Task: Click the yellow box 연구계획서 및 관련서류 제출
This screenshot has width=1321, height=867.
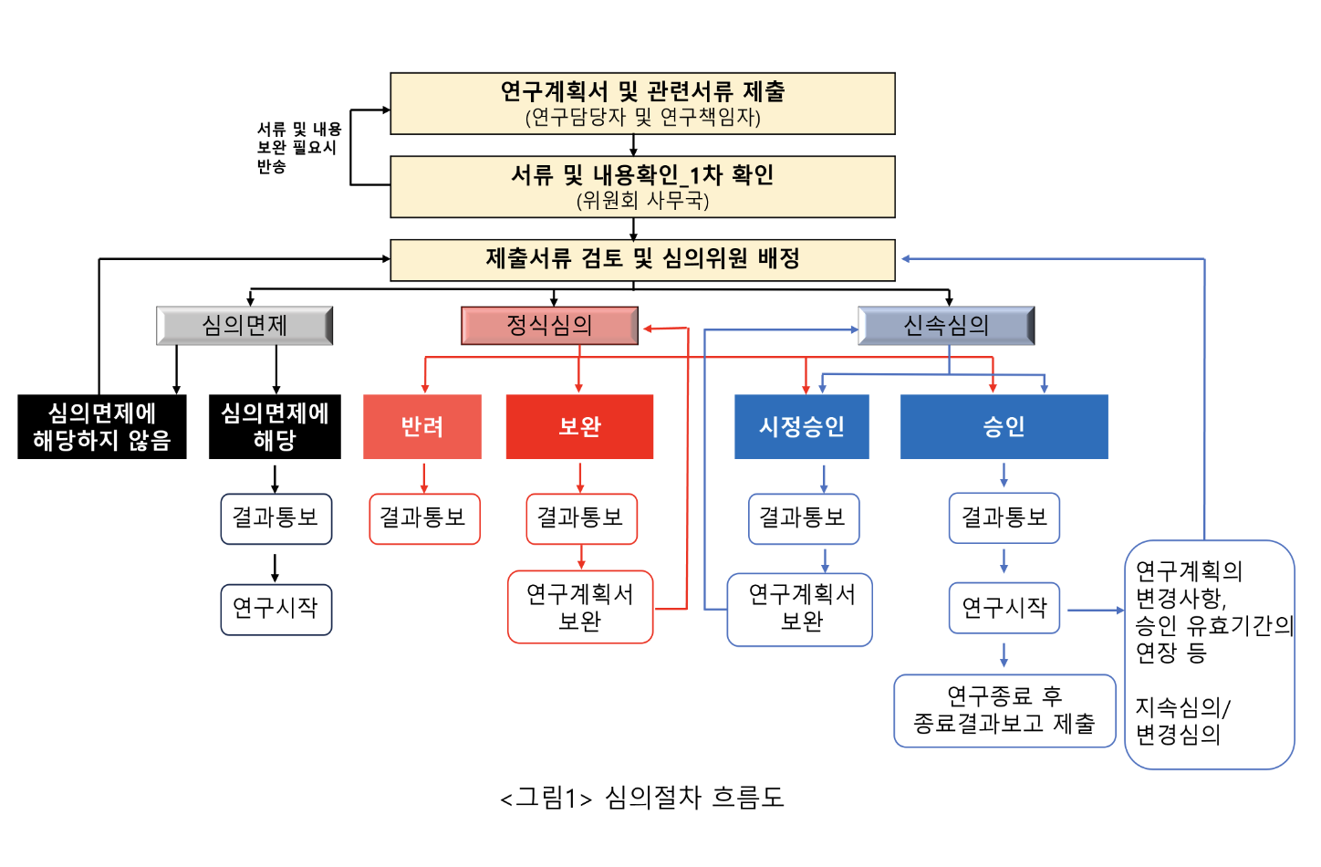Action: pos(642,103)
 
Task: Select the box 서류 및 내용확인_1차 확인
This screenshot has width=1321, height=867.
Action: pos(642,186)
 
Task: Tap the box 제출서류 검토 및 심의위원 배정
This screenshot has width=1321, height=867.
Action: pos(642,259)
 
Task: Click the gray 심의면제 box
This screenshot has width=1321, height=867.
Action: pos(244,325)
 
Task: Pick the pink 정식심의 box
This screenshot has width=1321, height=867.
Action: pos(549,325)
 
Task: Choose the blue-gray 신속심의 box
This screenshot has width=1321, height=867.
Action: pos(946,325)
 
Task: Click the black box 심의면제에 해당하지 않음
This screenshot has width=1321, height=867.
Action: pos(102,426)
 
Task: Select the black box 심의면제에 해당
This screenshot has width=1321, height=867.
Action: pos(275,426)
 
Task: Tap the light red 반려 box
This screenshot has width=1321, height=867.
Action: pos(422,426)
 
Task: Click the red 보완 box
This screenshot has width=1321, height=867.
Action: pos(579,426)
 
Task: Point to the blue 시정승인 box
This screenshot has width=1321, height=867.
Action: pos(802,426)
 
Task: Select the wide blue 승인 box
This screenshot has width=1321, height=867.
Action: pos(1004,426)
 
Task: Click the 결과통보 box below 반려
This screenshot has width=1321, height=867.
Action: pos(424,518)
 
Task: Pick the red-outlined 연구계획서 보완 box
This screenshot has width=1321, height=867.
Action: pos(580,607)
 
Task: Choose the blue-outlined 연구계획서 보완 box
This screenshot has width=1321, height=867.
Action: pos(800,609)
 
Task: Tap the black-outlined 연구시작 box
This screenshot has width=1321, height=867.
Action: pos(276,609)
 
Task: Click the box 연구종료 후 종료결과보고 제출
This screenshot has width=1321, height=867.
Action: pos(1004,710)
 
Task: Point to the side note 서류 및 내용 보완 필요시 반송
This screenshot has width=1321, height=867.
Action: pos(298,147)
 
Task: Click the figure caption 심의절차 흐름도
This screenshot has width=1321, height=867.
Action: pos(642,798)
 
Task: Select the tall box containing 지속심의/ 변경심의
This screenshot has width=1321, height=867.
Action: pos(1209,654)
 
